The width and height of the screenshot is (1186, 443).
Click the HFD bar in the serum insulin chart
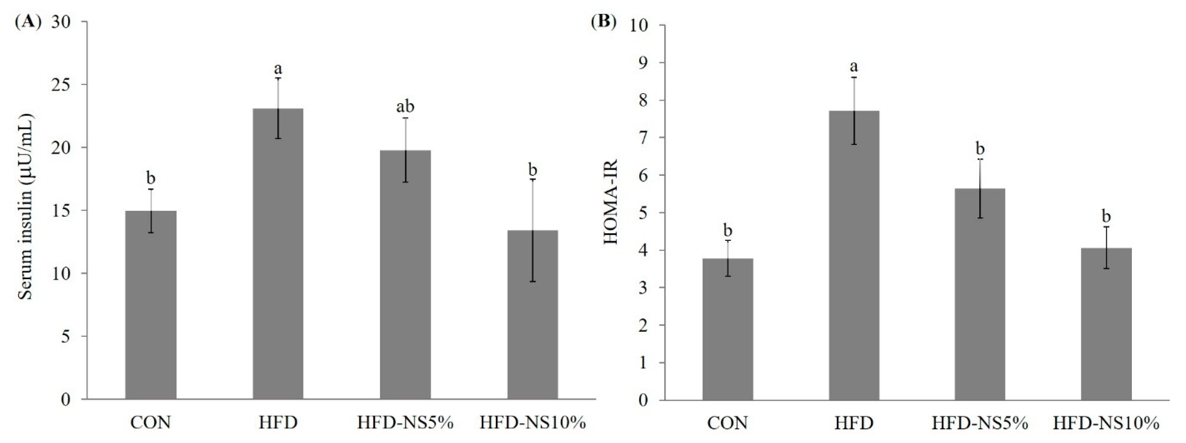[278, 253]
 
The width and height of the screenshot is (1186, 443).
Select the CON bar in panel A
[151, 304]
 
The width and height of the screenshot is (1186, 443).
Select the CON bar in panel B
[728, 329]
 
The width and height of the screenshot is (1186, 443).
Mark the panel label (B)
[603, 22]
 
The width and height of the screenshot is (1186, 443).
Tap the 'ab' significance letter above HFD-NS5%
[406, 107]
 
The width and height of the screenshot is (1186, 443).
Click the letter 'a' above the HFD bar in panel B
[854, 66]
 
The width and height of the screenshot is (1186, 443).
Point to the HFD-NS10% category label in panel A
[533, 423]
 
